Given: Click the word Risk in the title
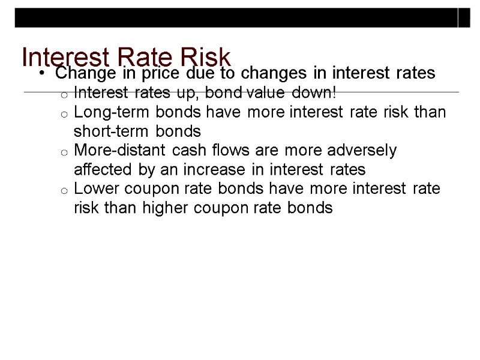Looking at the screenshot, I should click(x=205, y=57).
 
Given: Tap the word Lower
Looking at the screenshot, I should click(x=91, y=189).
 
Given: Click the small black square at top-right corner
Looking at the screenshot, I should click(x=465, y=18).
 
